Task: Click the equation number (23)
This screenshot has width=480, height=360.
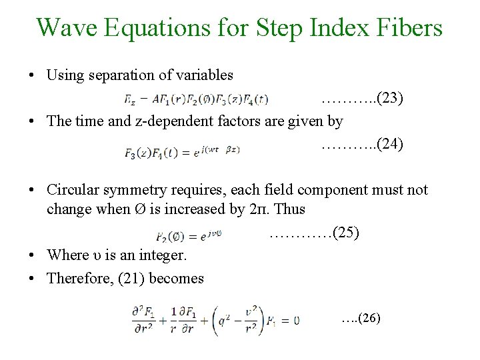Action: tap(389, 99)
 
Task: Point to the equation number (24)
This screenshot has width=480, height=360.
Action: tap(389, 144)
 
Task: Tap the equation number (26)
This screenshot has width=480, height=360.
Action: tap(369, 319)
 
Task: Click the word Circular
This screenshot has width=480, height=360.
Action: tap(73, 190)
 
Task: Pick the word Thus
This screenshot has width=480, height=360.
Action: tap(290, 209)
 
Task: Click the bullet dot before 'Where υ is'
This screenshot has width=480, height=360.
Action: tap(32, 256)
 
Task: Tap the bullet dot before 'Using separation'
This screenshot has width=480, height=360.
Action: tap(32, 75)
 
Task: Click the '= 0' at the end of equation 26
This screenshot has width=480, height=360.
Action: tap(289, 321)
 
